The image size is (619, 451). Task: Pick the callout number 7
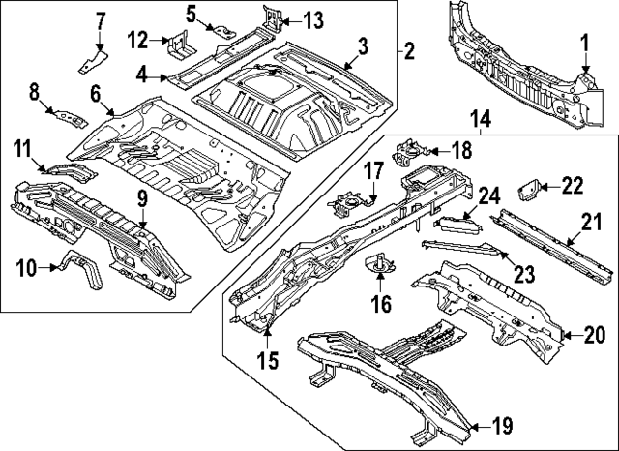(x=101, y=20)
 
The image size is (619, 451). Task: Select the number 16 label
(x=381, y=305)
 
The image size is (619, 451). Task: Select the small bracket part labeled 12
(x=178, y=45)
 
